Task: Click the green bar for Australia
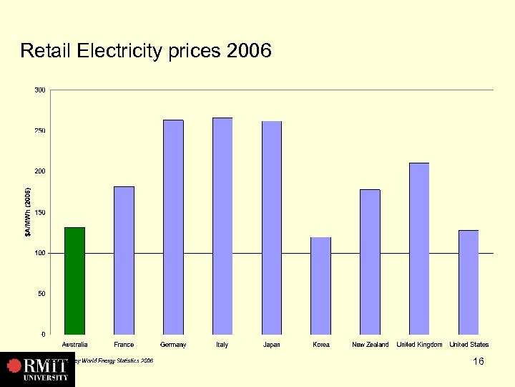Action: click(74, 280)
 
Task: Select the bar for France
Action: click(124, 260)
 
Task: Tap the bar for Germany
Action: click(173, 226)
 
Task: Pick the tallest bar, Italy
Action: click(222, 226)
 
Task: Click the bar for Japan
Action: click(272, 227)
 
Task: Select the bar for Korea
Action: click(321, 285)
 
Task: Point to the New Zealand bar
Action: click(370, 262)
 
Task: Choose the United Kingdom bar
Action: click(419, 248)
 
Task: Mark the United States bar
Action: click(469, 282)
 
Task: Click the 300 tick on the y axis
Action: click(40, 90)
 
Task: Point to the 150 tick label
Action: click(40, 212)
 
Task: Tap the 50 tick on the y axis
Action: click(42, 294)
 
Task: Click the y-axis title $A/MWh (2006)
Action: click(28, 212)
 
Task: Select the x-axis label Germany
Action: click(173, 345)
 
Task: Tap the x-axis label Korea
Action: click(321, 345)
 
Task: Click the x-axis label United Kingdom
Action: click(419, 345)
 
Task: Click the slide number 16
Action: click(479, 361)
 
